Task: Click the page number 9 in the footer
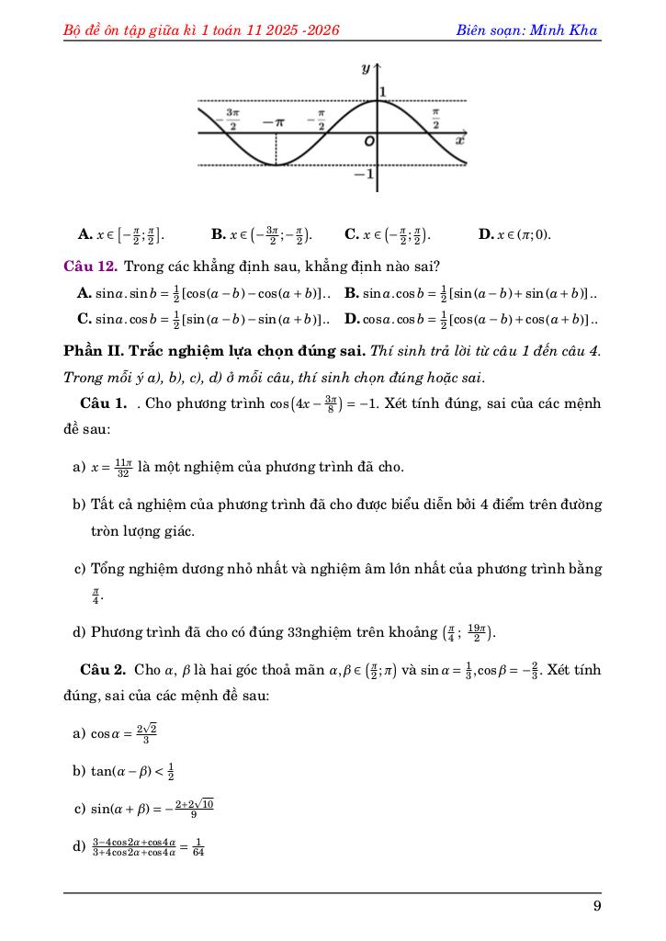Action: click(597, 907)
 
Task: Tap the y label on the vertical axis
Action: click(366, 69)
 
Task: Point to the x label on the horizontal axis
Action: click(460, 142)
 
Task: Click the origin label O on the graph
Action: click(369, 143)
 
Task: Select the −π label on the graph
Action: click(273, 121)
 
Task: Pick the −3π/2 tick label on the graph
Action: click(232, 119)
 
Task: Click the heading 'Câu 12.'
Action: click(90, 266)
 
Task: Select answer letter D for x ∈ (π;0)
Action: click(487, 234)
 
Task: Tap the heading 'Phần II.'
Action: click(91, 352)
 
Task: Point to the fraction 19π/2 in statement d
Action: click(477, 632)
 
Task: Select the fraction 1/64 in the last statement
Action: click(199, 846)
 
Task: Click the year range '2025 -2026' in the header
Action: click(302, 30)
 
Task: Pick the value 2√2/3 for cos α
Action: click(146, 733)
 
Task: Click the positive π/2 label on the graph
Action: click(436, 119)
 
